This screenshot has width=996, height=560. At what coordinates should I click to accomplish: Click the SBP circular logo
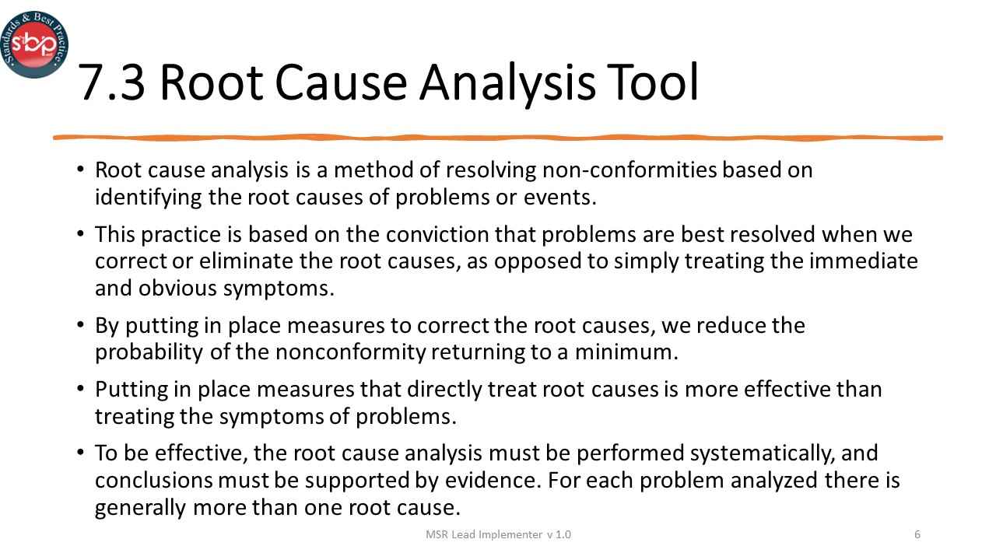[34, 44]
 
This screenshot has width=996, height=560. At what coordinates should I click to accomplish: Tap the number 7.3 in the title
[112, 84]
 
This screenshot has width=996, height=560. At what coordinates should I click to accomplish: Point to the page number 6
[917, 534]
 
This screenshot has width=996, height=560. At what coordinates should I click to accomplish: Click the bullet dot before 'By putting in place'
[81, 323]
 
